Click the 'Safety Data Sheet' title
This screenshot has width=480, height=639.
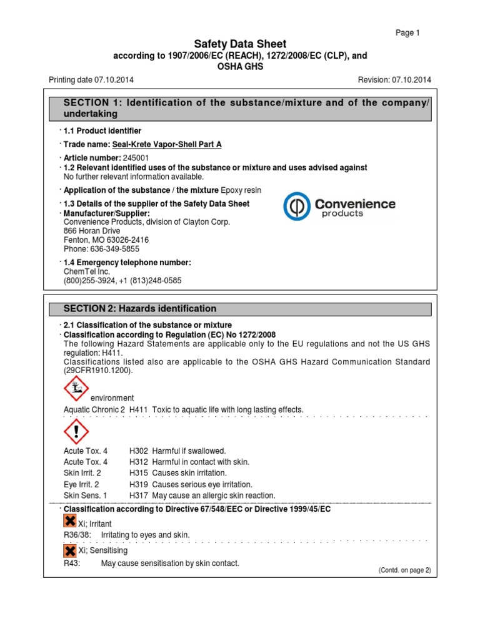pyautogui.click(x=240, y=44)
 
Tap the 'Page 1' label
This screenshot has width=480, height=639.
pyautogui.click(x=408, y=32)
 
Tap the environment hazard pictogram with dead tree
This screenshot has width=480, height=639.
pyautogui.click(x=76, y=389)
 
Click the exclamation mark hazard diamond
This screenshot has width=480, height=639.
pyautogui.click(x=76, y=432)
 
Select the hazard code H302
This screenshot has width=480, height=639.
pyautogui.click(x=139, y=451)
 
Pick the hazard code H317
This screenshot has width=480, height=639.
pyautogui.click(x=139, y=495)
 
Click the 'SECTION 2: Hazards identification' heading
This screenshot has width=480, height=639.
pyautogui.click(x=141, y=309)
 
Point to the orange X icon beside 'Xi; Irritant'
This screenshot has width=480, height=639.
pyautogui.click(x=70, y=521)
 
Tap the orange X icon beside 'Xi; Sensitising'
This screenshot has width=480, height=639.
pyautogui.click(x=70, y=550)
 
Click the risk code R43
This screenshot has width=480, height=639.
pyautogui.click(x=72, y=563)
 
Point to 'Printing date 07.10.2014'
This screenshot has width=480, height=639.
pyautogui.click(x=91, y=80)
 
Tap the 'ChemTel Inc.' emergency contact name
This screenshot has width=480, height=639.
pyautogui.click(x=87, y=271)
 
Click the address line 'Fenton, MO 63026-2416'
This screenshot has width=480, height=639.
pyautogui.click(x=106, y=240)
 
